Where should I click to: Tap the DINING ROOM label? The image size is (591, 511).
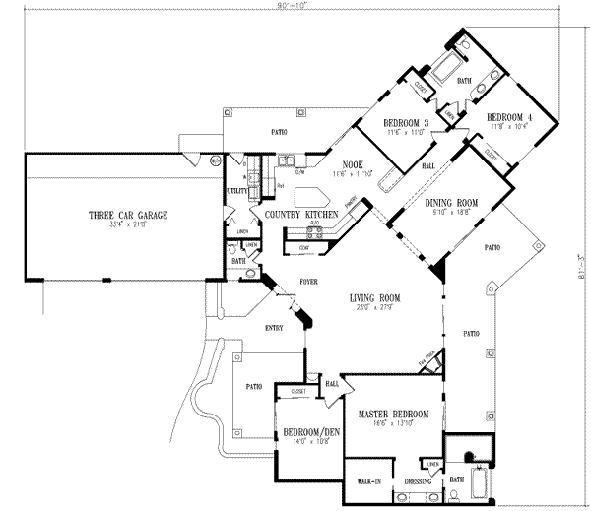pyautogui.click(x=449, y=205)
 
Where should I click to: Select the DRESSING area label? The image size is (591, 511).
pyautogui.click(x=417, y=481)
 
